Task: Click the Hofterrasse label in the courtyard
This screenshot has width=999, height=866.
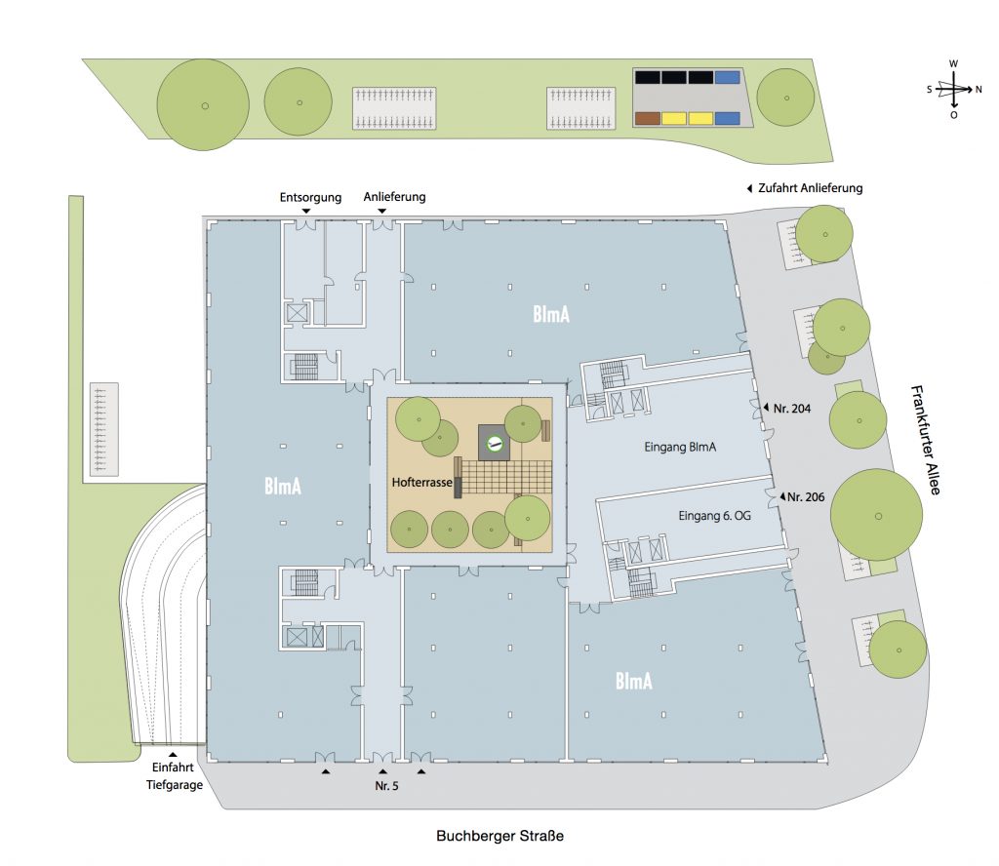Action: tap(421, 483)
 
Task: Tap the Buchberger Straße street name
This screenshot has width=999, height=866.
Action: tap(499, 836)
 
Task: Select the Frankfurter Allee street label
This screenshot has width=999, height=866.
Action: tap(926, 440)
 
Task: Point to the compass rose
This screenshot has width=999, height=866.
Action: tap(954, 89)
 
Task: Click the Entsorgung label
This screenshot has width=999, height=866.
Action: tap(310, 197)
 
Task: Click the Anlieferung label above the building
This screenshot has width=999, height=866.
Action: tap(394, 197)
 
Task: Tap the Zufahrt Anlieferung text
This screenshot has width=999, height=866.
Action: tap(810, 188)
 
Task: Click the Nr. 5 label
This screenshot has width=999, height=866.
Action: tap(386, 786)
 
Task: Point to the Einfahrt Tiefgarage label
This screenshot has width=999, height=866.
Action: tap(174, 776)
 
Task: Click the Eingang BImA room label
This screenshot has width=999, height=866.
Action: tap(680, 447)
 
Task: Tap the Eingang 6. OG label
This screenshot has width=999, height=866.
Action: tap(714, 516)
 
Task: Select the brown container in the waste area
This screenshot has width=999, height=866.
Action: tap(648, 118)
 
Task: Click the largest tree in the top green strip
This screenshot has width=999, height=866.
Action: tap(203, 105)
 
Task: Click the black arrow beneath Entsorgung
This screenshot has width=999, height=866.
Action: tap(306, 211)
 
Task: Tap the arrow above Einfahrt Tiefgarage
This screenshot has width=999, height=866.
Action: tap(173, 755)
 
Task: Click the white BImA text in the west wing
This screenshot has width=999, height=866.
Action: tap(282, 487)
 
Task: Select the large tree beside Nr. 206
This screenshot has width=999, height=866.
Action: tap(877, 515)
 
